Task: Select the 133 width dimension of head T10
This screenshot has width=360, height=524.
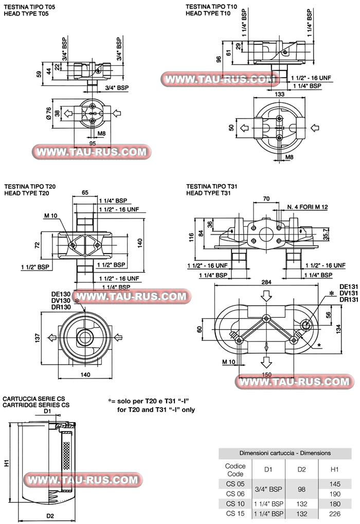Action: (x=280, y=94)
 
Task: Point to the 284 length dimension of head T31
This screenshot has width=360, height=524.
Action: (x=266, y=282)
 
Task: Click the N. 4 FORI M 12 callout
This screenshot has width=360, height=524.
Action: (x=308, y=207)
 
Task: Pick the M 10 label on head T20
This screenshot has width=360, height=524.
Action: (x=50, y=215)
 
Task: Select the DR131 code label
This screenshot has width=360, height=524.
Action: (x=349, y=300)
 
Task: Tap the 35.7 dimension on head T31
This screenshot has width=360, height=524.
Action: (x=340, y=234)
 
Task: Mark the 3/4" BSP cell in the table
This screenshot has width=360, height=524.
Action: (x=268, y=489)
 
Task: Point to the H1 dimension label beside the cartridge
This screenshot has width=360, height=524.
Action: (x=7, y=463)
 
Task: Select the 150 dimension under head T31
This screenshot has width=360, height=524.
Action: (x=266, y=374)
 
